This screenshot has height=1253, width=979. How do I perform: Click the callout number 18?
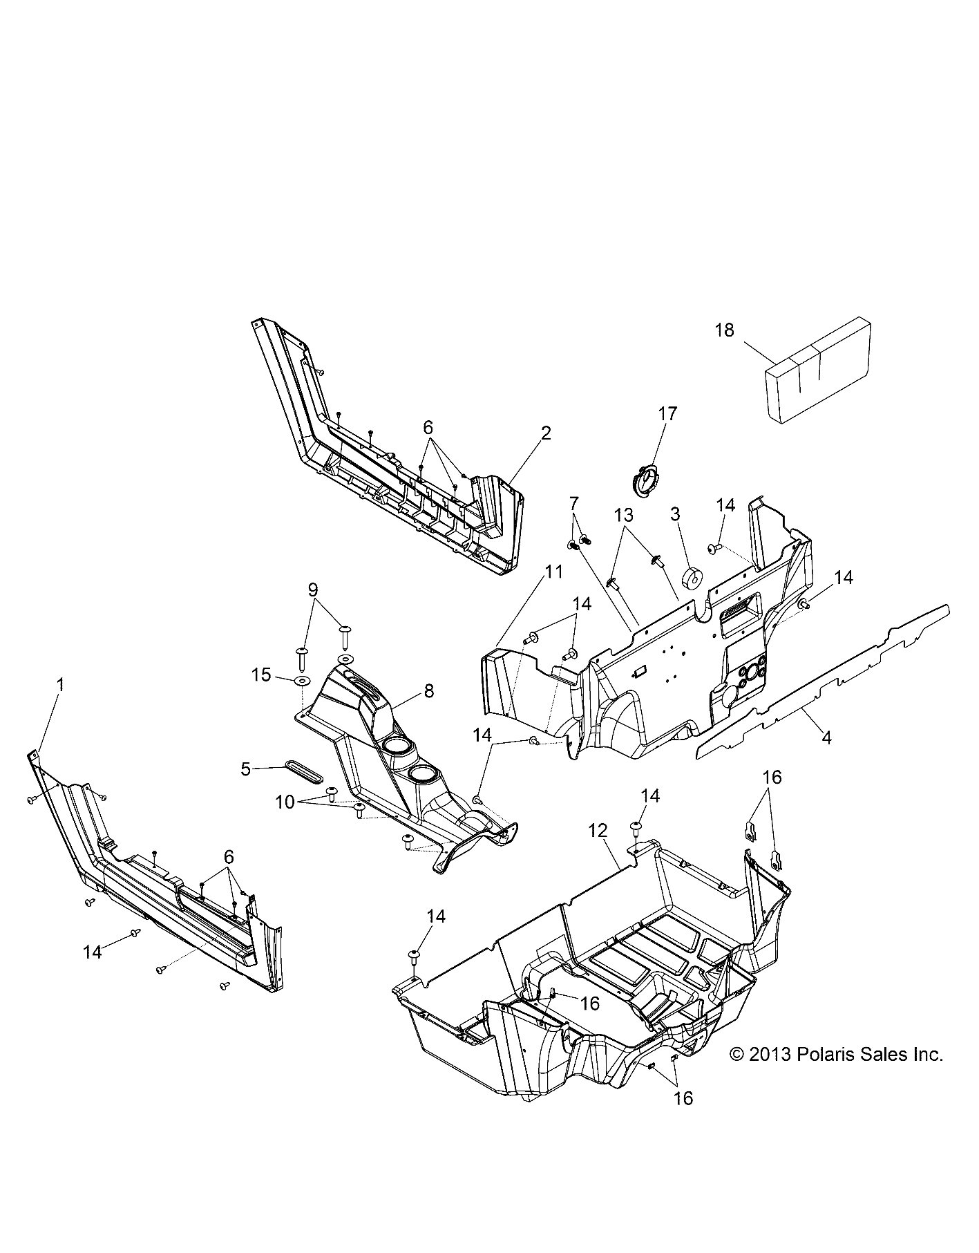(x=724, y=330)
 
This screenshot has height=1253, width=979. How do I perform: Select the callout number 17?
(x=667, y=414)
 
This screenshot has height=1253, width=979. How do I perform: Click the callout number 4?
(x=826, y=737)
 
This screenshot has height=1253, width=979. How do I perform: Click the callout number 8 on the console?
(x=429, y=690)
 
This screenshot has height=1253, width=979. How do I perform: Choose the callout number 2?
(x=546, y=433)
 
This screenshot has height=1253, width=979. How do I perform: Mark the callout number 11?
(x=553, y=572)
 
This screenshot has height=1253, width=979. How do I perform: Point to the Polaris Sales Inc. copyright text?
(x=837, y=1074)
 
